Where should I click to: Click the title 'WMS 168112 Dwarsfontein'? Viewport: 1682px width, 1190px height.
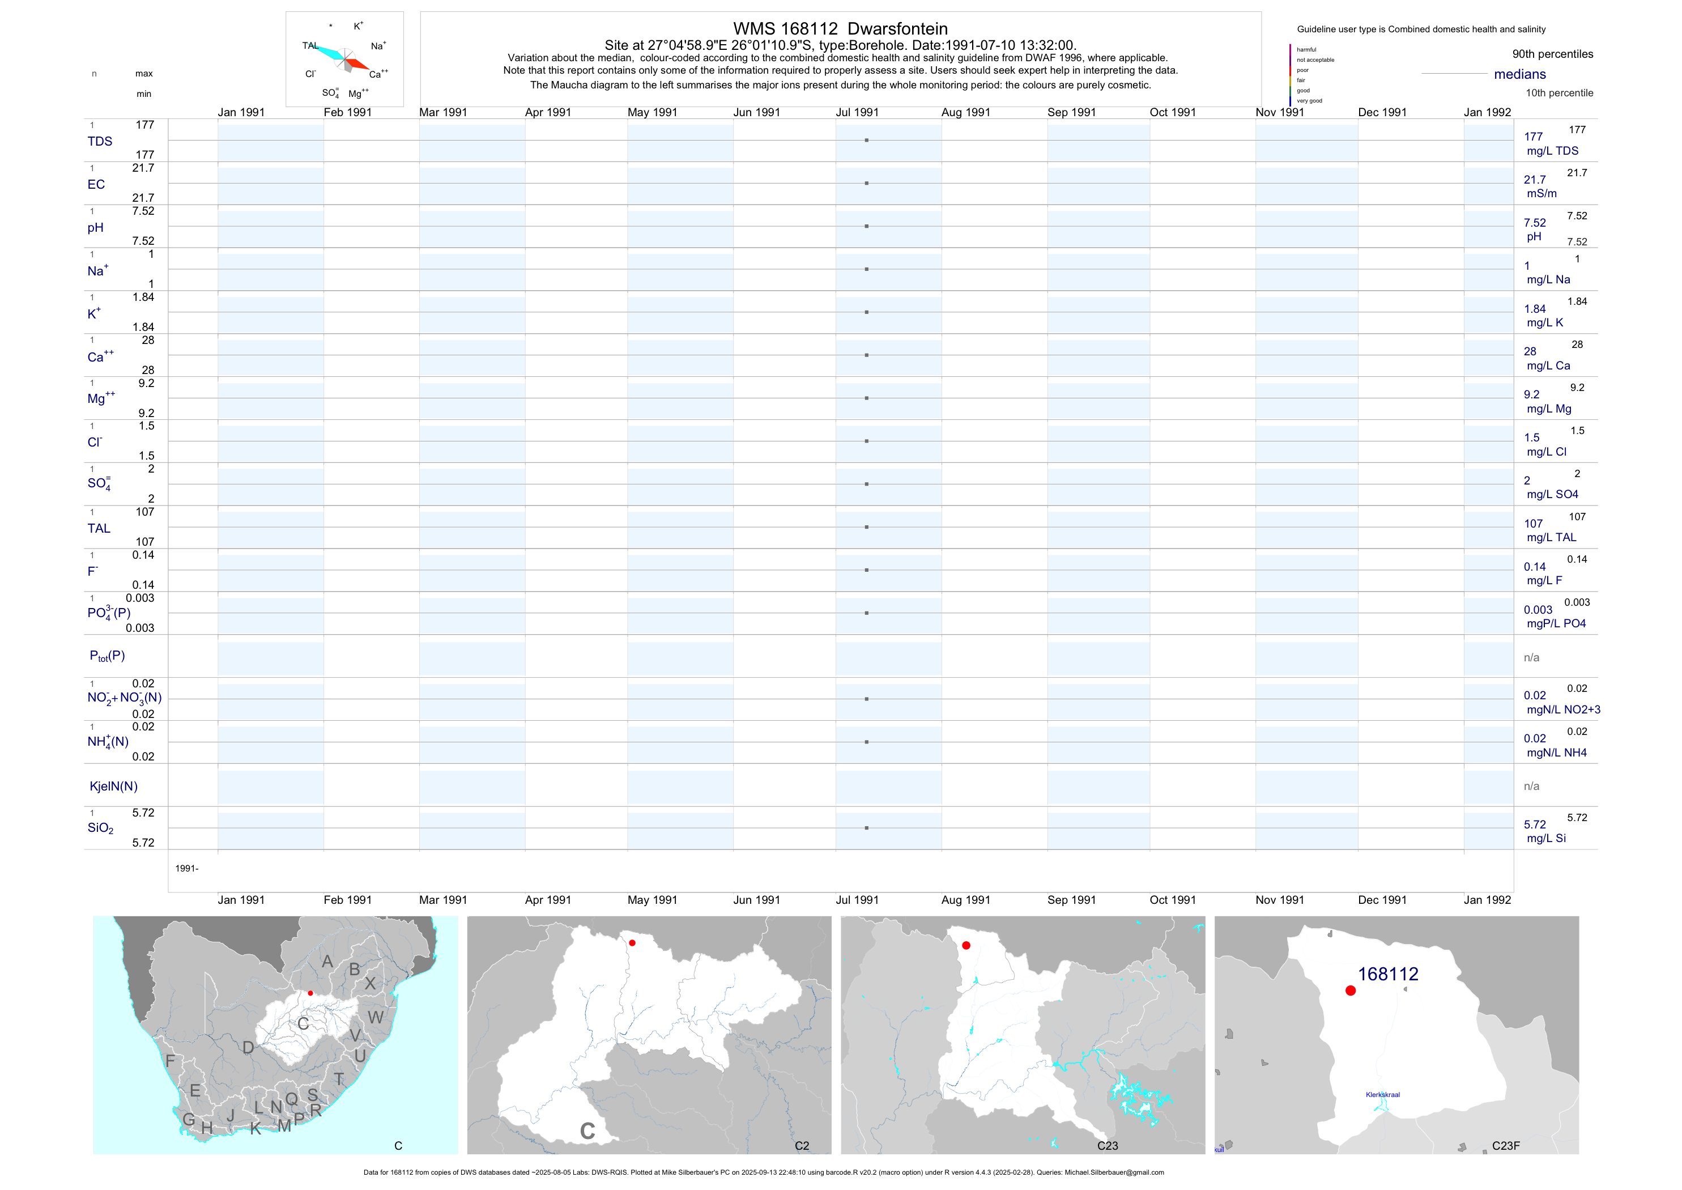point(840,28)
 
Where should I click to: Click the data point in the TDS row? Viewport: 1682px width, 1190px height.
point(867,140)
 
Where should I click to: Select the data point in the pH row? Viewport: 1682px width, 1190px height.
point(867,227)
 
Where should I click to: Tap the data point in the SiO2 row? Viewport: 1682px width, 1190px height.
point(867,828)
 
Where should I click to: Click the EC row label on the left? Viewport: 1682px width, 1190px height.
point(96,185)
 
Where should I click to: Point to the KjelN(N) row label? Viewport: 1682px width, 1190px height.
point(113,787)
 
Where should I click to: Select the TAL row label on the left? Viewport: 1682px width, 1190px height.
point(99,528)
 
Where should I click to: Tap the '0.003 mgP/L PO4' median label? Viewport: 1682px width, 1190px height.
point(1555,617)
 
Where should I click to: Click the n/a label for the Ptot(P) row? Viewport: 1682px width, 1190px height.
point(1531,658)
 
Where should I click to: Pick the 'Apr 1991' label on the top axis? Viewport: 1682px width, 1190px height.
point(548,112)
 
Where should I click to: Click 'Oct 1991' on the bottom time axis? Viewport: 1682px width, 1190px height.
point(1172,900)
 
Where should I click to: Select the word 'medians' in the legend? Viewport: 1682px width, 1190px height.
point(1520,74)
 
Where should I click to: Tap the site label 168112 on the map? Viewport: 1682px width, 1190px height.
point(1387,974)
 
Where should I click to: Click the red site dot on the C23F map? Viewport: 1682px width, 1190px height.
point(1350,991)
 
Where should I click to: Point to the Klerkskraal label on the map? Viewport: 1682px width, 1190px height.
point(1382,1095)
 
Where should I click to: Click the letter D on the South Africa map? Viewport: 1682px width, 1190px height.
point(248,1048)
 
